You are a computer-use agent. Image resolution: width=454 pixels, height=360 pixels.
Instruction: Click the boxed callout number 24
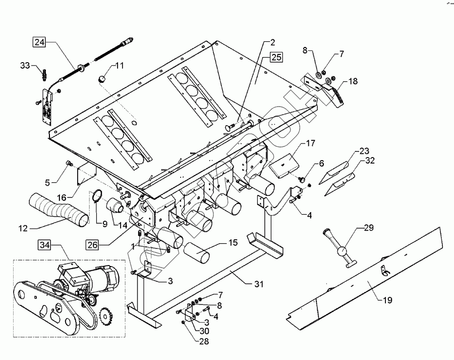coord(39,42)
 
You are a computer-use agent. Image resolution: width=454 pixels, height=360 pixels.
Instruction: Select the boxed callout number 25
coord(276,57)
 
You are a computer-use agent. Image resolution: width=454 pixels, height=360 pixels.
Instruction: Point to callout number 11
coord(120,65)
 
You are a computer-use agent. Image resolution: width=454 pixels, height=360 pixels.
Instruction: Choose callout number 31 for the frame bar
coord(258,284)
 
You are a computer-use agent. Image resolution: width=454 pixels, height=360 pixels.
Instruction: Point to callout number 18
coord(352,81)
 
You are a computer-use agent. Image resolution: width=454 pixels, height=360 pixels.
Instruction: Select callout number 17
coord(310,144)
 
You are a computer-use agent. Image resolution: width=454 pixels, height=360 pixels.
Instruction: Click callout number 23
coord(364,150)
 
